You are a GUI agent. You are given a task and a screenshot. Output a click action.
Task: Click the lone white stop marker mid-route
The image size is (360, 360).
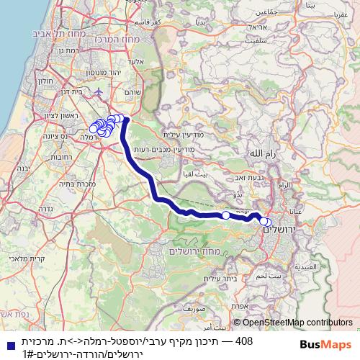(x=225, y=215)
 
